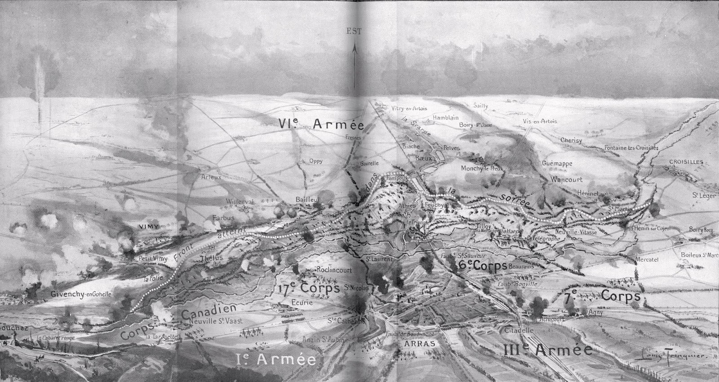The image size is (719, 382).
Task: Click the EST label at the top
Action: pos(354,31)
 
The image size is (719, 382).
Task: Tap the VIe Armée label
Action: pos(320,124)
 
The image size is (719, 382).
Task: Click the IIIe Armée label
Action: pos(548,350)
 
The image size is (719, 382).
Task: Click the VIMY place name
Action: pos(150,227)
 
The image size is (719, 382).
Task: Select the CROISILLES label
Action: pos(686,162)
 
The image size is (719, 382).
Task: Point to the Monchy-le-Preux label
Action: pos(482,169)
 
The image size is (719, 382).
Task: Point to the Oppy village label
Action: pos(315,161)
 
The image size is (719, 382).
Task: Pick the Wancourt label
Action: pos(567,179)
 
